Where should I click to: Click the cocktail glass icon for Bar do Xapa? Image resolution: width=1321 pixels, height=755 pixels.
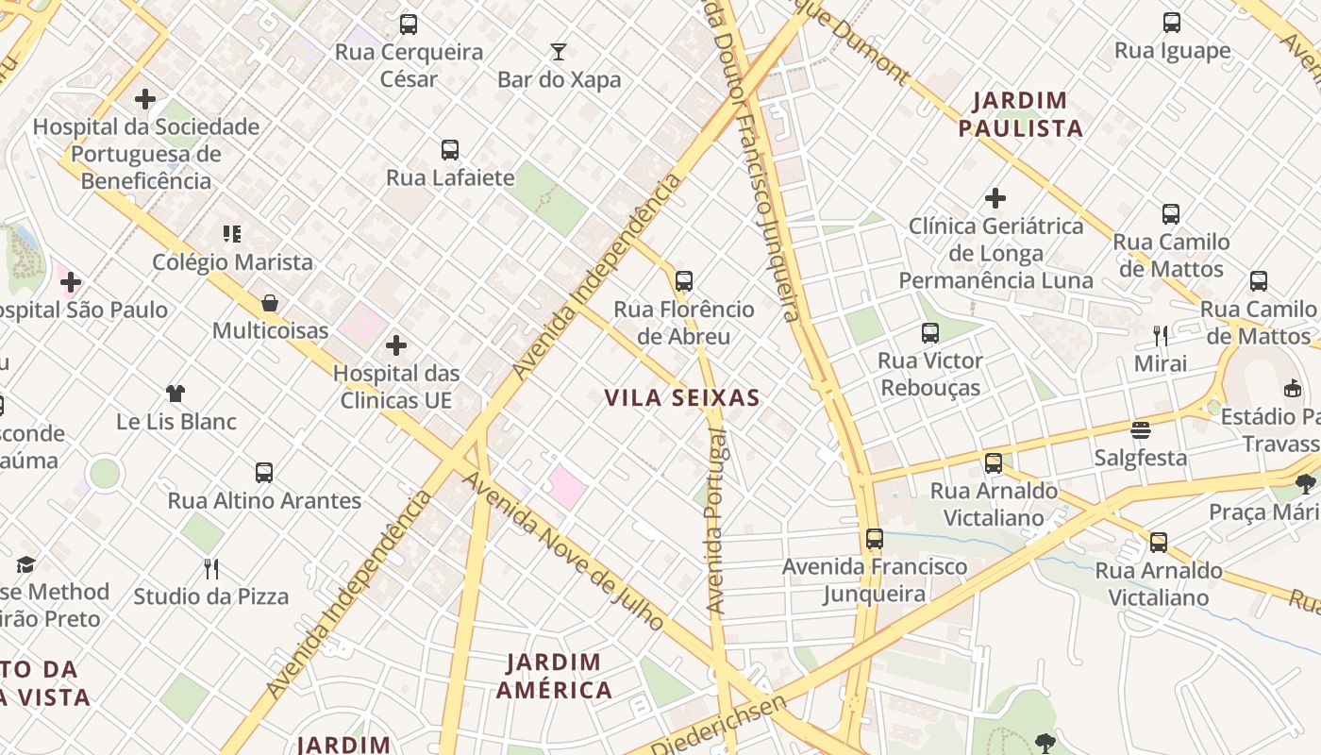coord(559,51)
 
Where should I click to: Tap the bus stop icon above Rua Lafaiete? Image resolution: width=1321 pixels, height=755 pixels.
coord(450,149)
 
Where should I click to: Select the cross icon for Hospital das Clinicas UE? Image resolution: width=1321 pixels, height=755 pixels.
coord(396,345)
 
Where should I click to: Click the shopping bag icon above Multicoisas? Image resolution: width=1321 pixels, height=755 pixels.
coord(270,303)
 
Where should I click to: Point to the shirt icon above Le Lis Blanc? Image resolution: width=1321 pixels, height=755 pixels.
coord(176,394)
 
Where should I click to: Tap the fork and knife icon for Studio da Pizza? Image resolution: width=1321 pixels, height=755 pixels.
coord(211,568)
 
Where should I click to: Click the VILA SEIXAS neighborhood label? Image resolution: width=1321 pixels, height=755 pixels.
coord(682,398)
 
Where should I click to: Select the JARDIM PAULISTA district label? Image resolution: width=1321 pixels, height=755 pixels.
coord(1020,114)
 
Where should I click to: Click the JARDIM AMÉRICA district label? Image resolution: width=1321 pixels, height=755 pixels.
coord(555,676)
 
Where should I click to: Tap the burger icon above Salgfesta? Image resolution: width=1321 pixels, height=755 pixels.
coord(1141,430)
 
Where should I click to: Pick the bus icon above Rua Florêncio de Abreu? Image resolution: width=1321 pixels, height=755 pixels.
coord(684,280)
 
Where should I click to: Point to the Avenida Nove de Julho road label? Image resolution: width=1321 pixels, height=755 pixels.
coord(563,551)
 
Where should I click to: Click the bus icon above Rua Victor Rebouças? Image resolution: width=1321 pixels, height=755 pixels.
coord(930,332)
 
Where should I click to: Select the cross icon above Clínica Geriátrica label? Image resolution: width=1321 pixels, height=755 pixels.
coord(995,198)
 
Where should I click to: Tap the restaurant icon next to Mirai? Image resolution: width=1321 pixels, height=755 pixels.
coord(1161,335)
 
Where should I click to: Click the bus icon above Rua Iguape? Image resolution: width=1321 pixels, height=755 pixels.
coord(1172,23)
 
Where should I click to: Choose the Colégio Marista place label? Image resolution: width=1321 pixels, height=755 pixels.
coord(232,262)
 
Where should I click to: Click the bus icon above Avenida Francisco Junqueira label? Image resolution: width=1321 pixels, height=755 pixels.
coord(875,539)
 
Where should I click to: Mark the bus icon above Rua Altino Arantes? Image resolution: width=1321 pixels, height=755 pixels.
coord(264,473)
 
